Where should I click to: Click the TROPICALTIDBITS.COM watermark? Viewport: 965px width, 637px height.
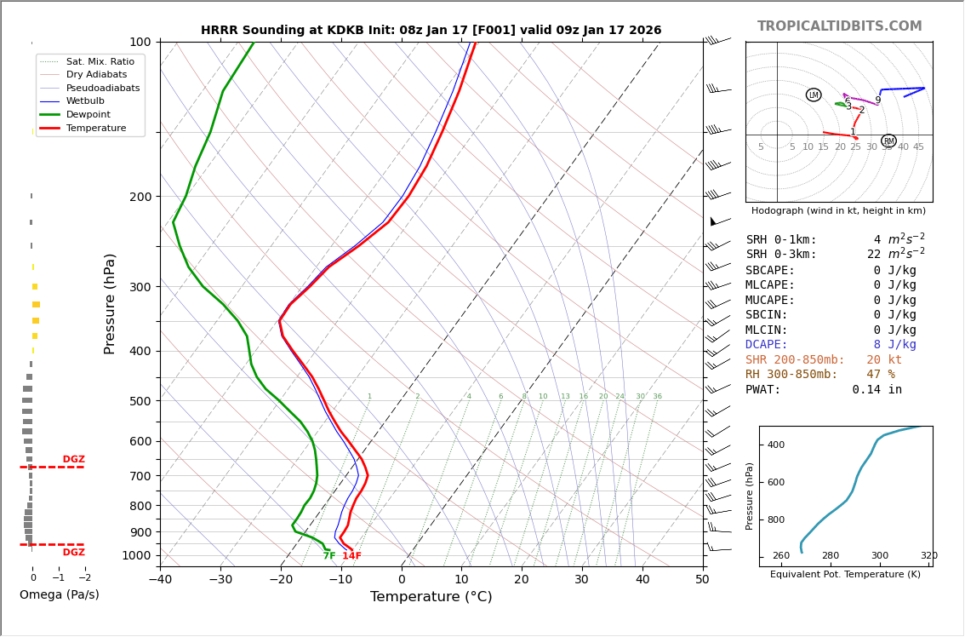point(839,26)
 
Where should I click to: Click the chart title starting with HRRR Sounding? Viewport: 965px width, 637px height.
point(431,31)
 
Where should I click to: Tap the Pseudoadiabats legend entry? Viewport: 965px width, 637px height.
point(102,88)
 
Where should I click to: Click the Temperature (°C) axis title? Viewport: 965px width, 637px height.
point(431,597)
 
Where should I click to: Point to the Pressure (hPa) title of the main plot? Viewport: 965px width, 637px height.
point(110,303)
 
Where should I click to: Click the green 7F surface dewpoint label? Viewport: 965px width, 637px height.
point(329,556)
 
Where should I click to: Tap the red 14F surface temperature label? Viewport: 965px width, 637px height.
point(351,556)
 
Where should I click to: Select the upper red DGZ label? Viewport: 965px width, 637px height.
point(73,460)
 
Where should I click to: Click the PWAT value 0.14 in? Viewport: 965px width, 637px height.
point(876,390)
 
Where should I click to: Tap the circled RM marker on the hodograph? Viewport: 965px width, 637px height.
point(888,141)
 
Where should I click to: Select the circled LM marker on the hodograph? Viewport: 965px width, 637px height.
point(814,95)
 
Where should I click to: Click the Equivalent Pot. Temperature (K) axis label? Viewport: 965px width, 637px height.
point(845,575)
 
